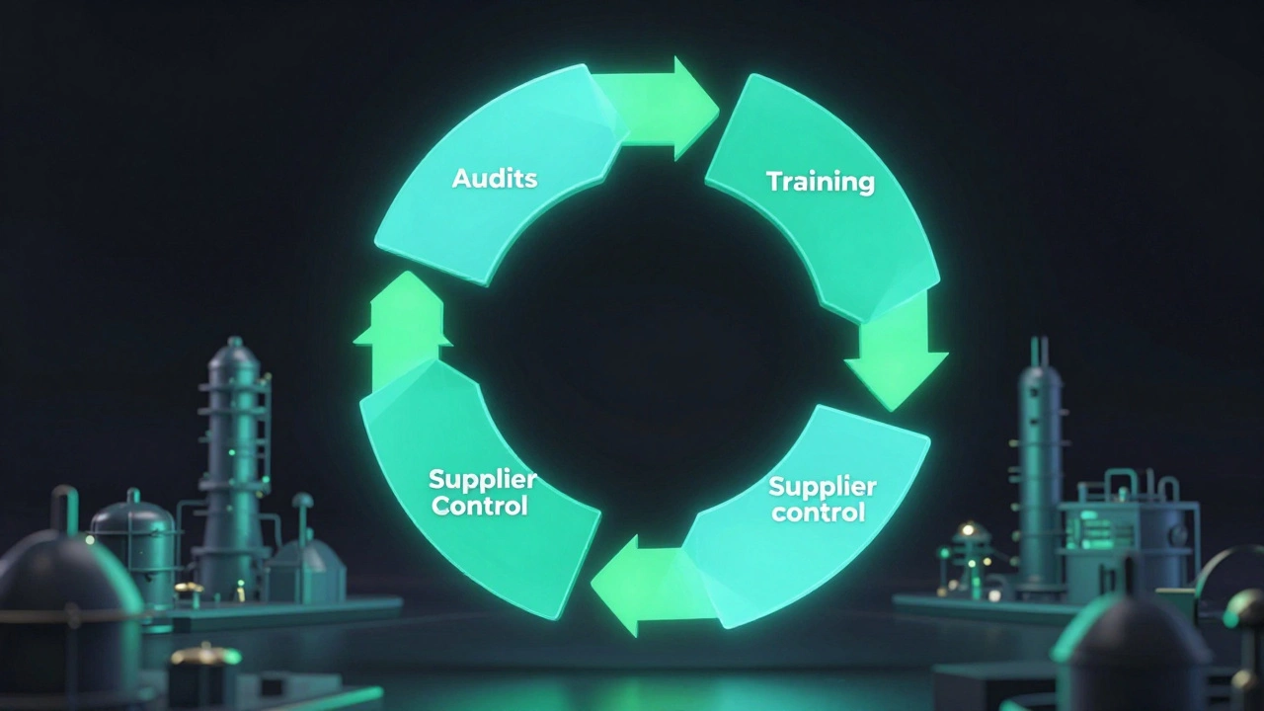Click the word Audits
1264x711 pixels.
(x=495, y=179)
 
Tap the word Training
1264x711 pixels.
(x=821, y=182)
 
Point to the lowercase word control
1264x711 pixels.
(x=819, y=512)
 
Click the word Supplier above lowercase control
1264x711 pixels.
(x=823, y=487)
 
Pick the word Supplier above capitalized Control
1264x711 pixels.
(x=483, y=480)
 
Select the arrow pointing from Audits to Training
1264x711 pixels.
(x=658, y=109)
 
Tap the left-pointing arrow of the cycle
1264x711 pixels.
(x=649, y=587)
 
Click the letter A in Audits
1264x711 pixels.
(x=461, y=179)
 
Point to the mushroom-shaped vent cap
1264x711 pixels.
(x=302, y=501)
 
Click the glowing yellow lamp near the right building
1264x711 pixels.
(x=968, y=530)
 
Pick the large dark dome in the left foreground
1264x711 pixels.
(x=68, y=598)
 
